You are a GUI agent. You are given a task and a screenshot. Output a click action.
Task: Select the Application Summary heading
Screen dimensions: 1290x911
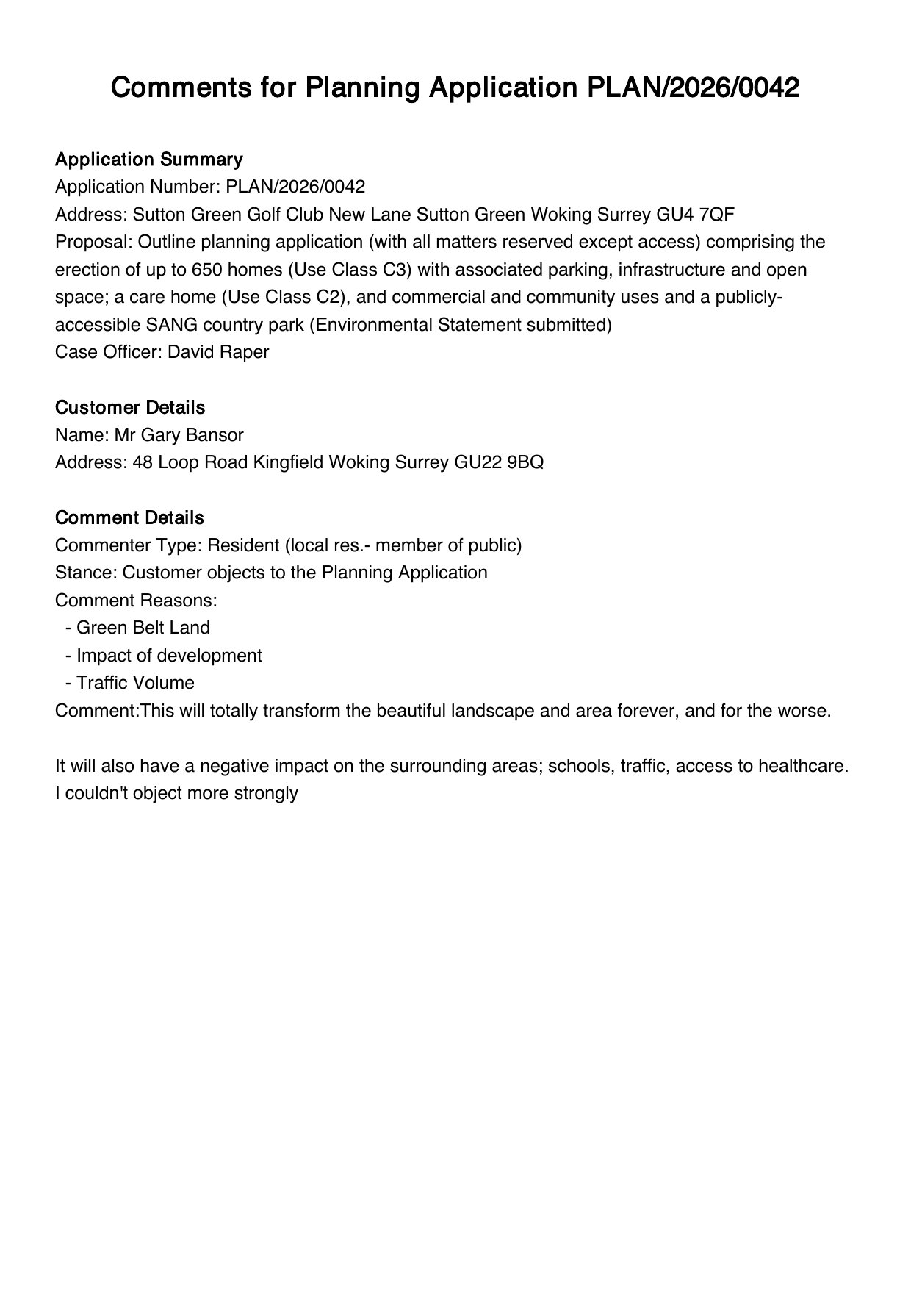tap(148, 160)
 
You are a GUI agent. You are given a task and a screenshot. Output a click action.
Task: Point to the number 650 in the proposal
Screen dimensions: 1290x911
tap(207, 270)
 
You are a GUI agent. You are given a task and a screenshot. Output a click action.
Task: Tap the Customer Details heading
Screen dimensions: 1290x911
tap(130, 407)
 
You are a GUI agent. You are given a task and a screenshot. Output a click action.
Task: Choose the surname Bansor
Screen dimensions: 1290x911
tap(215, 435)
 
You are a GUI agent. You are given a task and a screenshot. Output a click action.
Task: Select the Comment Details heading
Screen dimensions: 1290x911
tap(129, 517)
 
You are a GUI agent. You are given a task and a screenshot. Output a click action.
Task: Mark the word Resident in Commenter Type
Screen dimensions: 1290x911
tap(243, 545)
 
